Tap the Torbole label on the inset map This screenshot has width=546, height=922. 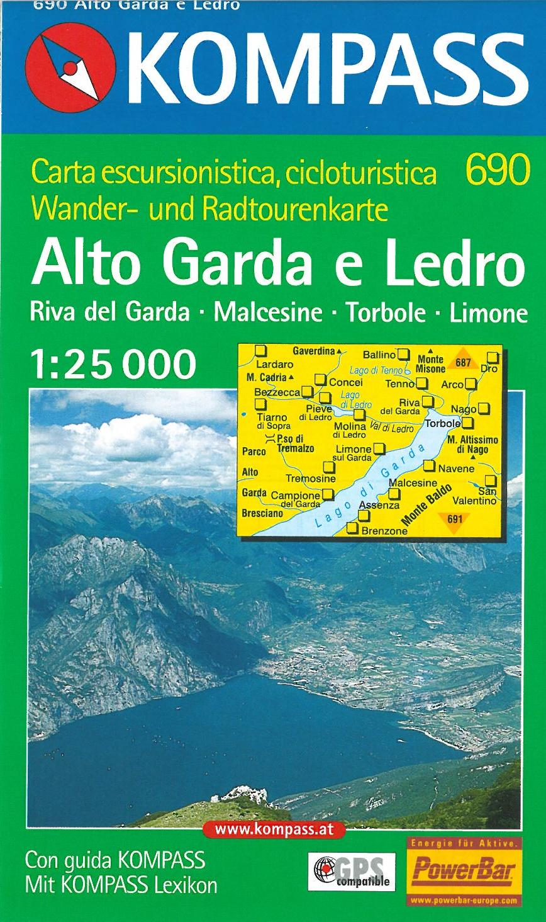point(443,424)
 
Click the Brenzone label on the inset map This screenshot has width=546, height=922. point(384,531)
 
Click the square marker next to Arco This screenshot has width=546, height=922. point(471,384)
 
